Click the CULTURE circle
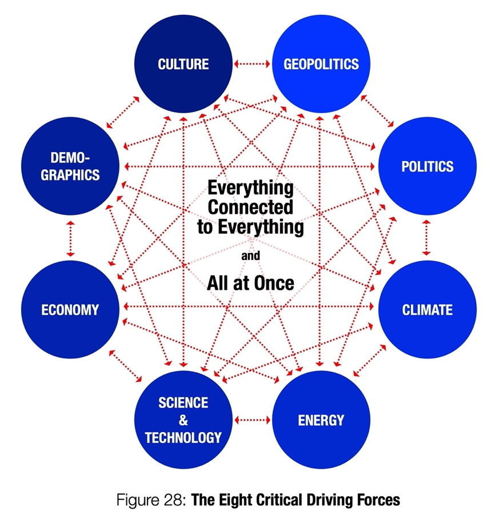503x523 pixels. point(183,63)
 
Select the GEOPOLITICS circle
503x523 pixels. point(321,63)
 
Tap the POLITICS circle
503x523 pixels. point(428,166)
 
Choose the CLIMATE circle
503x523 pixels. point(428,310)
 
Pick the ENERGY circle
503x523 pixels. point(321,421)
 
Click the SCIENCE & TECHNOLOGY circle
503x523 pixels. point(183,421)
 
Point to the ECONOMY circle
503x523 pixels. point(70,310)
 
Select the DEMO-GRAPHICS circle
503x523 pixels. point(70,166)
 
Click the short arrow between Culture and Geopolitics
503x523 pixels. point(252,64)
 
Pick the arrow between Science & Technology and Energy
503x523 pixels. point(252,420)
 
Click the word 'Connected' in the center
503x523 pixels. point(250,207)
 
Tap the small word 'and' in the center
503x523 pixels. point(250,256)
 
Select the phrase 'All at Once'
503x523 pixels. point(250,283)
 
